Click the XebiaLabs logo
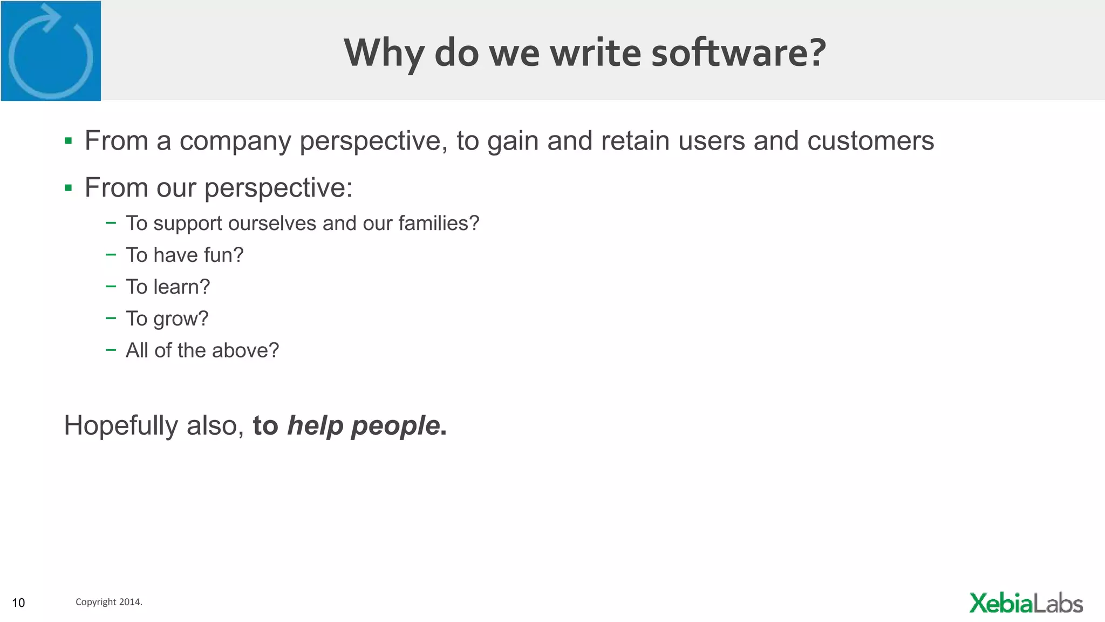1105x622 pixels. (x=1026, y=603)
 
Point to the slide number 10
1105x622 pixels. (x=18, y=603)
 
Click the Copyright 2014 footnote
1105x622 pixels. (x=108, y=601)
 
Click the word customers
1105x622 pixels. (x=870, y=141)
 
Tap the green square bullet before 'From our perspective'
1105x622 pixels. (x=68, y=188)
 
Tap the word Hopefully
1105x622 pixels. (x=121, y=426)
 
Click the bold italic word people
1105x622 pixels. (x=395, y=426)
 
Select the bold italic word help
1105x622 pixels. (x=315, y=425)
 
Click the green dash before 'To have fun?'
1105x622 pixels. (x=111, y=254)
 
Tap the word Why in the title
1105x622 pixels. (x=384, y=53)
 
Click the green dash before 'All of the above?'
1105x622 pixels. (x=111, y=350)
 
